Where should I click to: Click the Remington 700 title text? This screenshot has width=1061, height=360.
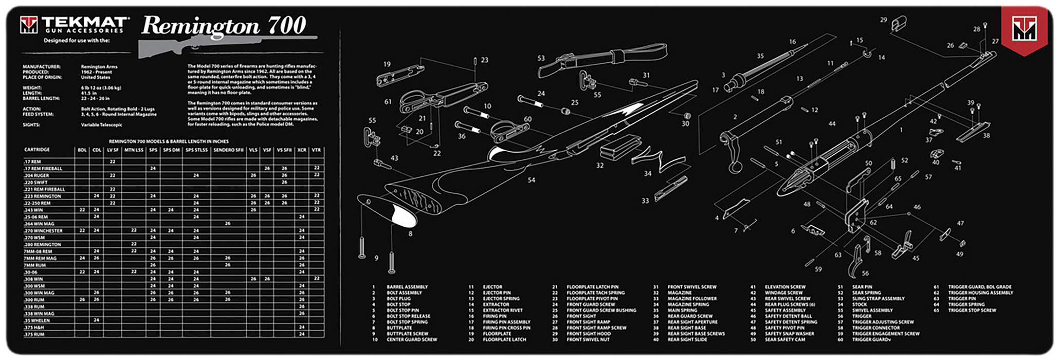click(x=224, y=26)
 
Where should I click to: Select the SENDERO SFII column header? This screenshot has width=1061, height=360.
click(x=228, y=150)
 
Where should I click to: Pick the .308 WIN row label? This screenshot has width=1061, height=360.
click(x=34, y=279)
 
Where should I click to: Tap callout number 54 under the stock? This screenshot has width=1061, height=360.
click(x=531, y=181)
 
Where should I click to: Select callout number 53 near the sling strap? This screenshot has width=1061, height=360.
click(x=541, y=59)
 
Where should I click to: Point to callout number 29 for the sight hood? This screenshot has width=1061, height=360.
click(x=883, y=20)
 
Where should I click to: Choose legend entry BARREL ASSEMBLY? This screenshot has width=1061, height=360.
click(x=407, y=287)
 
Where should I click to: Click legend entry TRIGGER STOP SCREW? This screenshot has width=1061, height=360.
click(x=972, y=311)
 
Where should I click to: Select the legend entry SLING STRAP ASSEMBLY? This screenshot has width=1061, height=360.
click(x=878, y=299)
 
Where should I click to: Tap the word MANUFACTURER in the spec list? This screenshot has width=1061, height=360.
click(x=42, y=67)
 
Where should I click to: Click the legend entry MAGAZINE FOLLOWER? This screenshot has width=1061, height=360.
click(x=692, y=299)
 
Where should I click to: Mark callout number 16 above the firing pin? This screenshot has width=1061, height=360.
click(x=792, y=42)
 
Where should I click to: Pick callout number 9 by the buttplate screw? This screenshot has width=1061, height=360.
click(x=376, y=258)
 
